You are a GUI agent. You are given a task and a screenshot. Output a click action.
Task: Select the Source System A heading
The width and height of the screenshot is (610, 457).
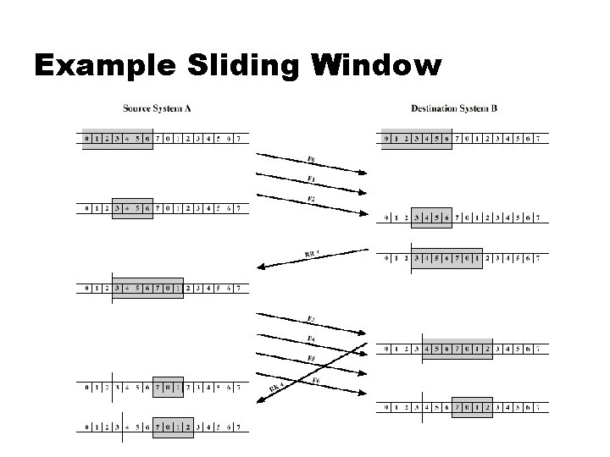point(157,108)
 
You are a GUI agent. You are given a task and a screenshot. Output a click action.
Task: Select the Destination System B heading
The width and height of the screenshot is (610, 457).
point(453,108)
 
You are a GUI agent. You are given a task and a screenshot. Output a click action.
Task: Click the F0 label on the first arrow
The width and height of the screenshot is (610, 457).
point(312,160)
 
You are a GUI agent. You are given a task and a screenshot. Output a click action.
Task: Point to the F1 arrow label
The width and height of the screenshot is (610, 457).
point(312,179)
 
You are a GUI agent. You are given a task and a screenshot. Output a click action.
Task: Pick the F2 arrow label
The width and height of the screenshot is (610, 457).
point(312,200)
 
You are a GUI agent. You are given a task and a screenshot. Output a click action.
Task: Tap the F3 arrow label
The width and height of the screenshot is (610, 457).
point(312,319)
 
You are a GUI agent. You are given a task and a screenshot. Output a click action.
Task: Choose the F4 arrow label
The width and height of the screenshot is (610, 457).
point(312,339)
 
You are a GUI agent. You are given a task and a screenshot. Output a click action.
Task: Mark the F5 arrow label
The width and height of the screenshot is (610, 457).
point(312,358)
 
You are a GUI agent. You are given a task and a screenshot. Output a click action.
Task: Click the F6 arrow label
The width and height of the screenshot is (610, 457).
point(314,381)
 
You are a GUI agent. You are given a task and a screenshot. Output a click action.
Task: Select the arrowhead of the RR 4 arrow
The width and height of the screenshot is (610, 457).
point(258,403)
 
